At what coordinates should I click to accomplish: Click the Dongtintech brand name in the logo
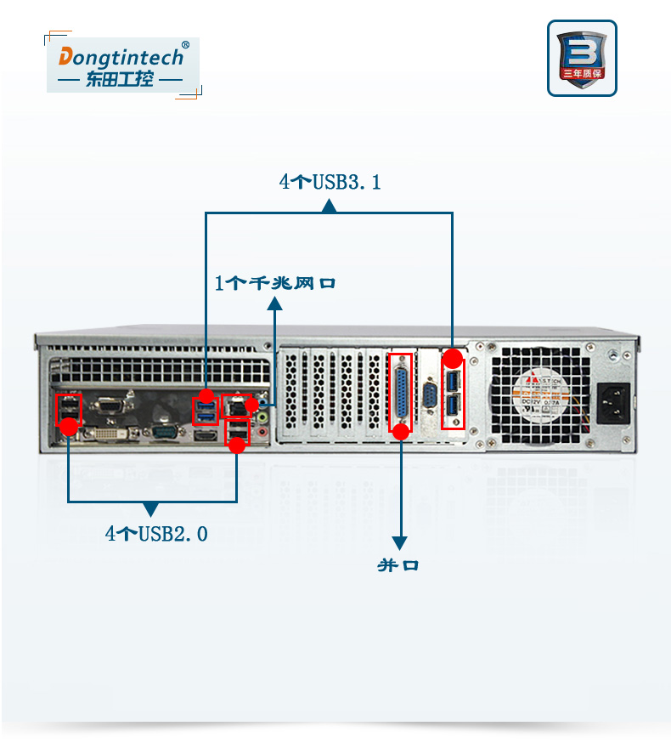point(120,57)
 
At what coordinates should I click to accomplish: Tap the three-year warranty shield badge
point(582,58)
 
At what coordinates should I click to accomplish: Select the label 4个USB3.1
point(330,182)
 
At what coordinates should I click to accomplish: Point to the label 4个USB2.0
point(156,534)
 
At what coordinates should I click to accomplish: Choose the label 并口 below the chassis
point(398,565)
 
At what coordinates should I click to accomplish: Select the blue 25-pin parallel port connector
point(400,392)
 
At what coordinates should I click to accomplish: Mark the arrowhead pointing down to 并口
point(399,542)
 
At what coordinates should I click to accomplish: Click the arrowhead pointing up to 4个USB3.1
point(330,205)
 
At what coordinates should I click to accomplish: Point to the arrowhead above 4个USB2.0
point(151,509)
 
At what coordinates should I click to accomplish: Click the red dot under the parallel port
point(402,431)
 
